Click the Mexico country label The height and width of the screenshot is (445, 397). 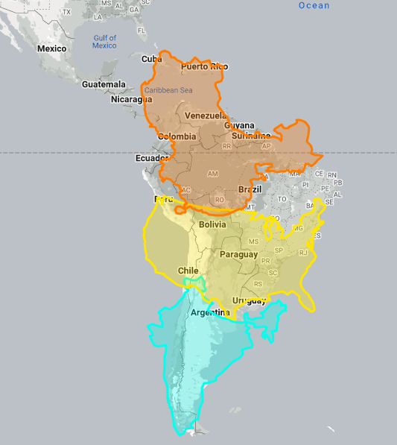pyautogui.click(x=51, y=49)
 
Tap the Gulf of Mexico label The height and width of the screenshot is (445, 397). pyautogui.click(x=104, y=42)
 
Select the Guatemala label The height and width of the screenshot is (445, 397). pyautogui.click(x=104, y=84)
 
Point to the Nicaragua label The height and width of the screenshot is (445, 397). pyautogui.click(x=131, y=99)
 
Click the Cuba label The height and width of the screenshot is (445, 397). pyautogui.click(x=151, y=59)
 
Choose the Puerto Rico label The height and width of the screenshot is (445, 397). pyautogui.click(x=204, y=67)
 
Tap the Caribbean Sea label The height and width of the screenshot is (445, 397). pyautogui.click(x=168, y=90)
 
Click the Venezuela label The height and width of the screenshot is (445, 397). pyautogui.click(x=206, y=116)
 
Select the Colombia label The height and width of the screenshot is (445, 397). pyautogui.click(x=177, y=136)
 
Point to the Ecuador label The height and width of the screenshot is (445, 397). pyautogui.click(x=152, y=159)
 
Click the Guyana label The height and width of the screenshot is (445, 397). pyautogui.click(x=239, y=126)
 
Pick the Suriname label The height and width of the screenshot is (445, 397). pyautogui.click(x=251, y=136)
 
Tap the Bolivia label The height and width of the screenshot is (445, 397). pyautogui.click(x=212, y=224)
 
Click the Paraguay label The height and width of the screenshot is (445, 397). pyautogui.click(x=238, y=254)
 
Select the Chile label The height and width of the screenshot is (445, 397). pyautogui.click(x=188, y=271)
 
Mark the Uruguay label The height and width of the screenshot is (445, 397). pyautogui.click(x=249, y=301)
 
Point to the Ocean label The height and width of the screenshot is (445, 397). pyautogui.click(x=314, y=6)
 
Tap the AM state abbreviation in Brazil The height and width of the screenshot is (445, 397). pyautogui.click(x=213, y=174)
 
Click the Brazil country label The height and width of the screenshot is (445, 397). pyautogui.click(x=250, y=190)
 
